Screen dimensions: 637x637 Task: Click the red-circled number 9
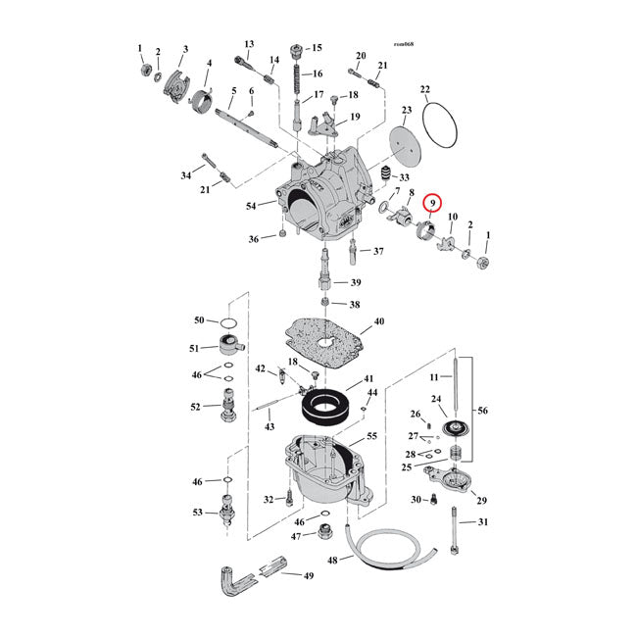coord(428,204)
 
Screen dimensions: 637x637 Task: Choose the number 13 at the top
coord(249,44)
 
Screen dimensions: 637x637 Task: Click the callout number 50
coord(199,320)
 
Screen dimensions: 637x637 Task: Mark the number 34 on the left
coord(186,176)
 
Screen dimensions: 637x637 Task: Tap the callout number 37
coord(378,251)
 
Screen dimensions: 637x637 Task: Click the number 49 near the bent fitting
coord(308,575)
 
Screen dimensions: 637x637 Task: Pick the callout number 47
coord(296,536)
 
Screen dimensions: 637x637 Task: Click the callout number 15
coord(316,48)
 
